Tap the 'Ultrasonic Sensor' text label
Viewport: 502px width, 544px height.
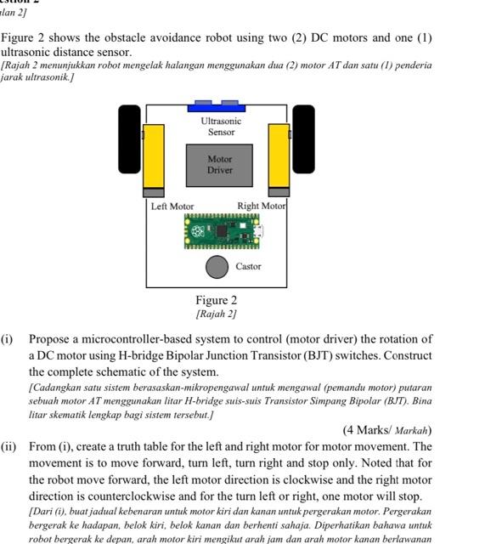[x=221, y=127]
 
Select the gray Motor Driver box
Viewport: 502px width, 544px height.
[x=219, y=165]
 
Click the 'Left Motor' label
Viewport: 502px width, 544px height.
[x=172, y=207]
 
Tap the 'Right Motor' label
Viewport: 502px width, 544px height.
[x=262, y=206]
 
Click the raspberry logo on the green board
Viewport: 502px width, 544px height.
[x=198, y=231]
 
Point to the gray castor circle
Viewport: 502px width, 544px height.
[x=217, y=267]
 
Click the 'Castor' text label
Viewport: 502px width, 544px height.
[x=248, y=267]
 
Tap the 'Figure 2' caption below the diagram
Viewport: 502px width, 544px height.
[x=217, y=300]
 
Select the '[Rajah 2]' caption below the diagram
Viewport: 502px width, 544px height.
[x=217, y=314]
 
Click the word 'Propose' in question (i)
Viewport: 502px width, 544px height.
[x=50, y=339]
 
